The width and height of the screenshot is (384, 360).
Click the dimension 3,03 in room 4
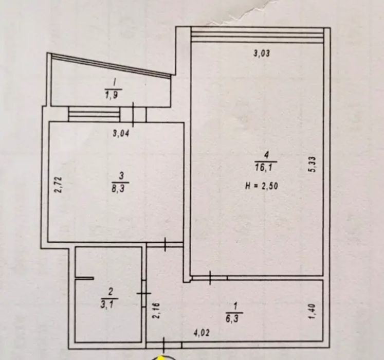[x=262, y=53]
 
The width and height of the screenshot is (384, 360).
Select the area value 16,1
[x=266, y=168]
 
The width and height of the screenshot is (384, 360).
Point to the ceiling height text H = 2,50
[x=262, y=186]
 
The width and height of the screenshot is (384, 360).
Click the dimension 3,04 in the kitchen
[x=121, y=134]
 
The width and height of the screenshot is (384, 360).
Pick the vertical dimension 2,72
[x=59, y=185]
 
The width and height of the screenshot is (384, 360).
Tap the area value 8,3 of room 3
[x=120, y=189]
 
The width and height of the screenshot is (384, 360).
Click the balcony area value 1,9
[x=112, y=94]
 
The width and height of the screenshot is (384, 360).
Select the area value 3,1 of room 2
[x=109, y=304]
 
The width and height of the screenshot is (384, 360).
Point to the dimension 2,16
[x=156, y=310]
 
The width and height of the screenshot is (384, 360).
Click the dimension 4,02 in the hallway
[x=202, y=333]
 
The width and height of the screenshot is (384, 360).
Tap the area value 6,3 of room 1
[x=233, y=319]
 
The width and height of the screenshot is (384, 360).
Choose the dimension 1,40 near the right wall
[x=314, y=312]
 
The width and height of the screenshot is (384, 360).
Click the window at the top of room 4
[x=258, y=35]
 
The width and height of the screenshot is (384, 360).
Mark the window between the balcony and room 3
[x=94, y=114]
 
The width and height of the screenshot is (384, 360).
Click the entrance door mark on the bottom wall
[x=163, y=345]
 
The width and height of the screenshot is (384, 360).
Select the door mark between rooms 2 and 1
[x=144, y=293]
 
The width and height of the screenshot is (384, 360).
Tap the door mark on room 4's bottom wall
[x=210, y=278]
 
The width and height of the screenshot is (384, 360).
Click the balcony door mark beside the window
[x=133, y=115]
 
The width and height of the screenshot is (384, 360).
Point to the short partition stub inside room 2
[x=84, y=278]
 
